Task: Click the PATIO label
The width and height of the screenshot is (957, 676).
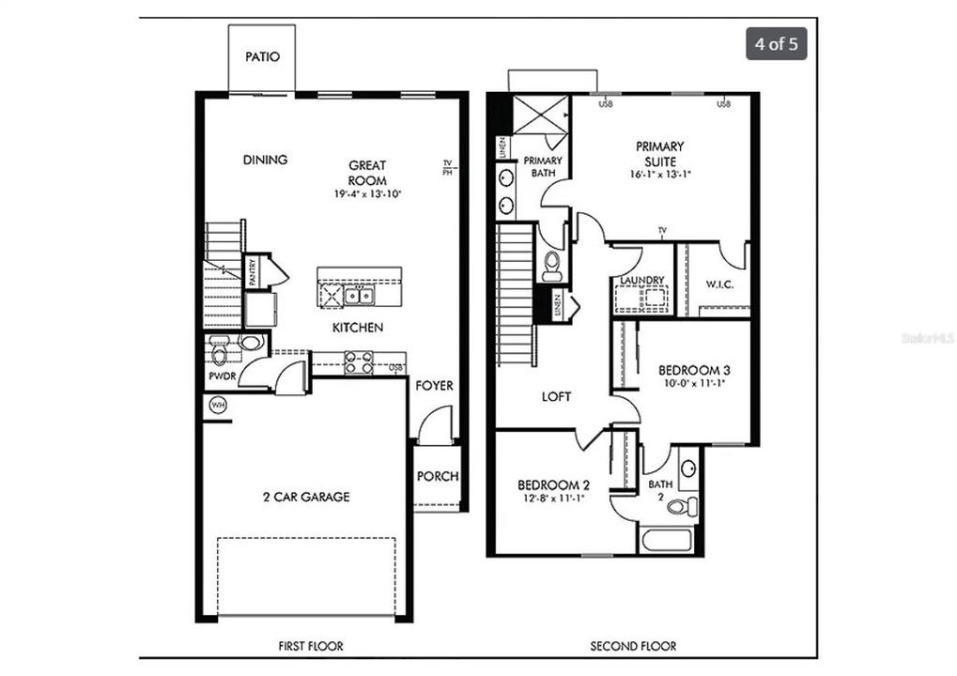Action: point(262,57)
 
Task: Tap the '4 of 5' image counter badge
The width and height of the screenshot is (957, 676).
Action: point(776,44)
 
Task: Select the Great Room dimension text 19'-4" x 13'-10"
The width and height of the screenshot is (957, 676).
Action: point(367,194)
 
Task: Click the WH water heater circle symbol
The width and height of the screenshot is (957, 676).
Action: point(218,406)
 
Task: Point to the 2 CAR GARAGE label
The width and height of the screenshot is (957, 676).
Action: point(305,497)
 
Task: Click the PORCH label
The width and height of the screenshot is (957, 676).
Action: point(437,476)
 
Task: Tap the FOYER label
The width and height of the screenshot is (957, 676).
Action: point(435,386)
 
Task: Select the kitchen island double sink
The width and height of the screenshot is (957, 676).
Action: point(357,296)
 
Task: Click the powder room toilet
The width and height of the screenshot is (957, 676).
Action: point(220,354)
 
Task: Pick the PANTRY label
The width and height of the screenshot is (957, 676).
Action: point(253,272)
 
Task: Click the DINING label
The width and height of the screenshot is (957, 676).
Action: point(265,160)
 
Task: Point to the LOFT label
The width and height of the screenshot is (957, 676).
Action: point(556,397)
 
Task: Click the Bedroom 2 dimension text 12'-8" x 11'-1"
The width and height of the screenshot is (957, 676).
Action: point(554,498)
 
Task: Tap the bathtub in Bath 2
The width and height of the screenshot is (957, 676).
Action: point(666,540)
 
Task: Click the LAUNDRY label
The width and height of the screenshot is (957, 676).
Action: point(642,280)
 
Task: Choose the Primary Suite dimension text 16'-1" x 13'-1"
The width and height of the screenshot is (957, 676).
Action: point(660,175)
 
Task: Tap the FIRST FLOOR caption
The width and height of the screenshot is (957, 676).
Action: point(311,646)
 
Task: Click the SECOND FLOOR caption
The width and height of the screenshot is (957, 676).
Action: point(632,646)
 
